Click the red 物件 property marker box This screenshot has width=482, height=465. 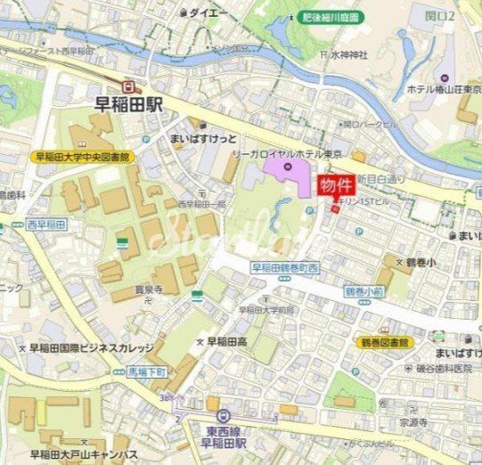pyautogui.click(x=336, y=186)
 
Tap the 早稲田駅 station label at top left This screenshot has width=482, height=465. pyautogui.click(x=130, y=103)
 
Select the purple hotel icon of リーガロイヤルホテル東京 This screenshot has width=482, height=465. pyautogui.click(x=288, y=167)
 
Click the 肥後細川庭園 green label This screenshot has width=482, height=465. pyautogui.click(x=330, y=17)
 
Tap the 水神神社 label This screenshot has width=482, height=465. pyautogui.click(x=348, y=55)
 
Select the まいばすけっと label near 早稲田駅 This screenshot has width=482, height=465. pyautogui.click(x=203, y=139)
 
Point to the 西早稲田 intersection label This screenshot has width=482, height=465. pyautogui.click(x=48, y=224)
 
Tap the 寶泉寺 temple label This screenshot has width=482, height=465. pyautogui.click(x=148, y=290)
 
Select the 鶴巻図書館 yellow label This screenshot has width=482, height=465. pyautogui.click(x=385, y=342)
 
